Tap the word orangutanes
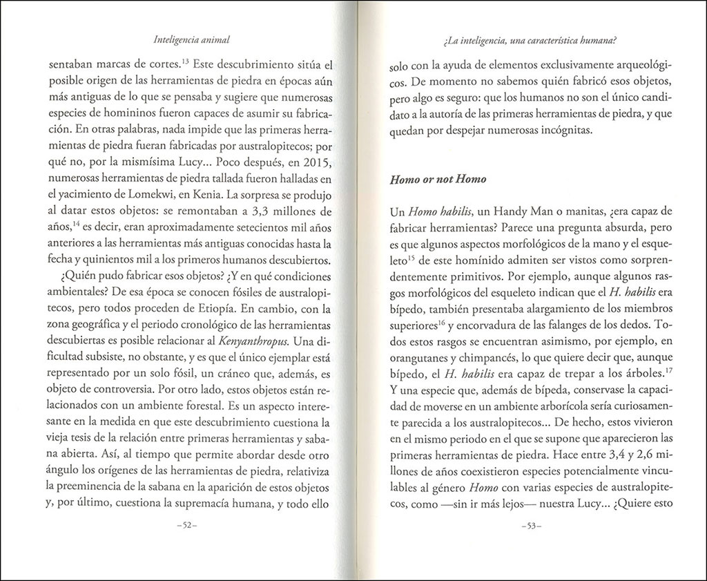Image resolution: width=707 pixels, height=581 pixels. (421, 360)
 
